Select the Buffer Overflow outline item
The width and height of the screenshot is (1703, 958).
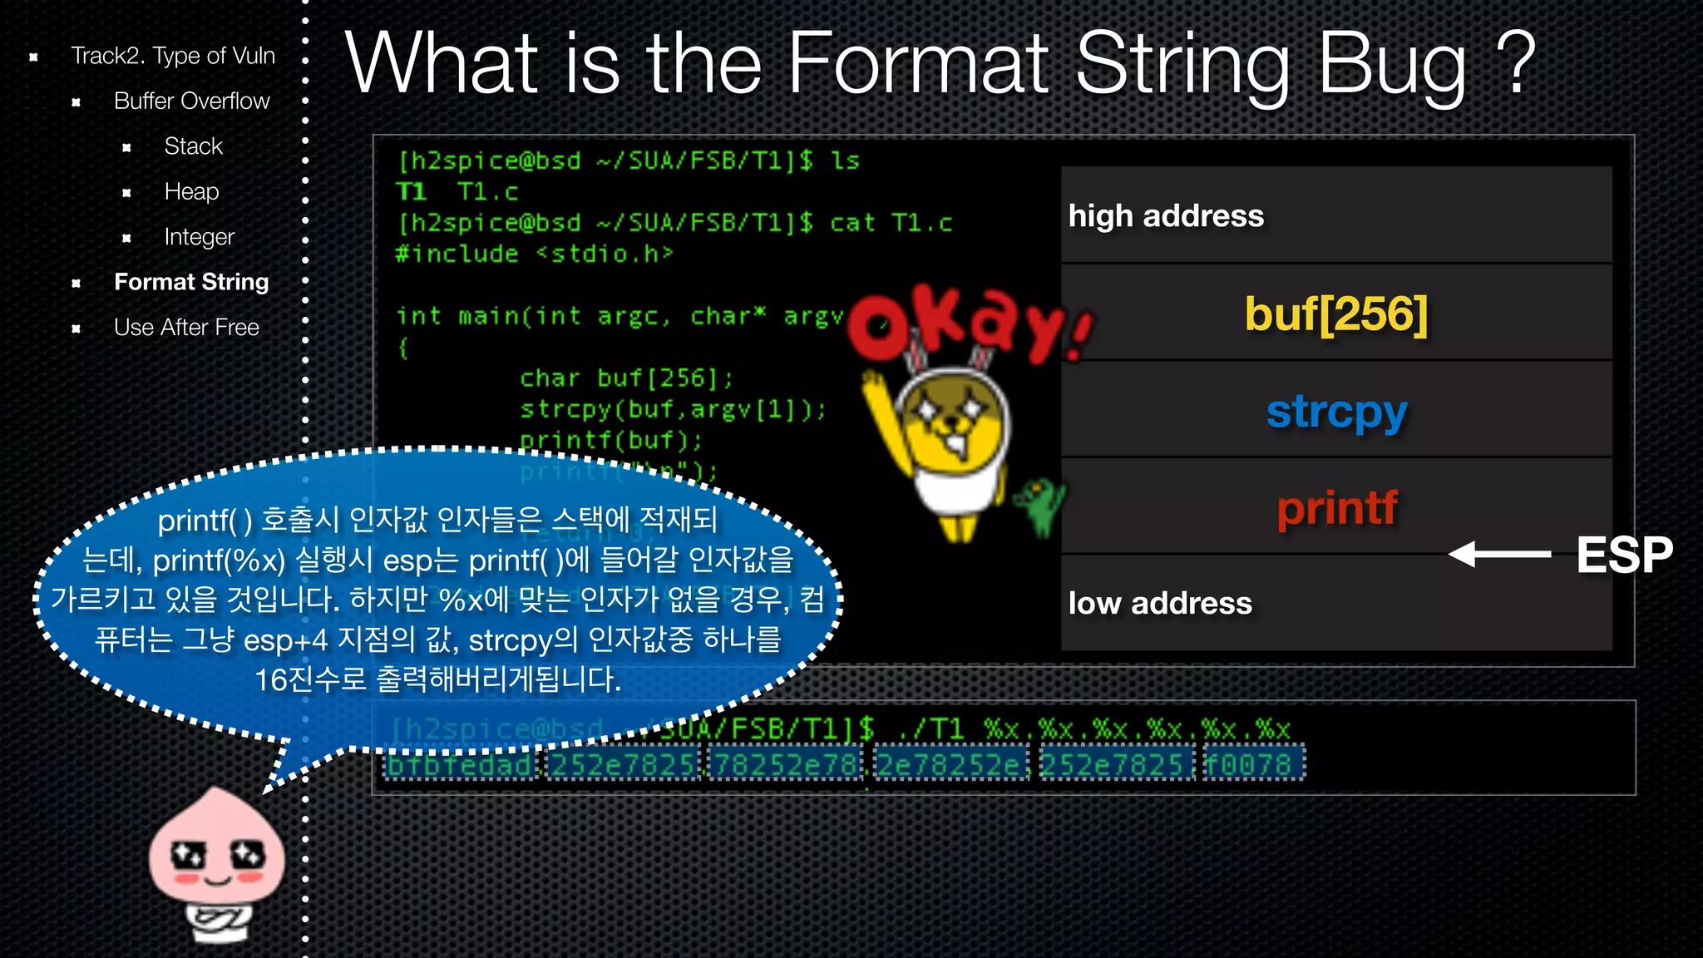(x=191, y=101)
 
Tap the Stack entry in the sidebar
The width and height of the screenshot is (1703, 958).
(x=193, y=146)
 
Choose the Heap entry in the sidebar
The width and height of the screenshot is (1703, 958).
(x=191, y=192)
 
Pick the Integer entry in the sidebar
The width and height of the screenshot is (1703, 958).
(x=199, y=237)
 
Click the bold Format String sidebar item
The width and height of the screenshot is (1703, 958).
(x=191, y=283)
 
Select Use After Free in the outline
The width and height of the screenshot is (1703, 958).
(x=186, y=328)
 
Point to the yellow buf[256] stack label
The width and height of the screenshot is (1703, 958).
(x=1335, y=314)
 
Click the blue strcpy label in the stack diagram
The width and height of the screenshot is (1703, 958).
(x=1336, y=412)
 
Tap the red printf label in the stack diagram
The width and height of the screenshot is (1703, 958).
(x=1336, y=507)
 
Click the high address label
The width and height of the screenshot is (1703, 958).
(x=1166, y=216)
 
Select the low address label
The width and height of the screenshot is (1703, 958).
(x=1160, y=604)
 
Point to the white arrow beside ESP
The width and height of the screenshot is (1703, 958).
(x=1499, y=554)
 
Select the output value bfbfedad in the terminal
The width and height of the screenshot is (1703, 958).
(x=460, y=764)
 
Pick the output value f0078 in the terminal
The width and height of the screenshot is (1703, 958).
(x=1253, y=764)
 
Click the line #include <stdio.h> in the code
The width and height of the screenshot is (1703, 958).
(x=534, y=254)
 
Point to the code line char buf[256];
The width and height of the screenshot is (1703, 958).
(x=626, y=378)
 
